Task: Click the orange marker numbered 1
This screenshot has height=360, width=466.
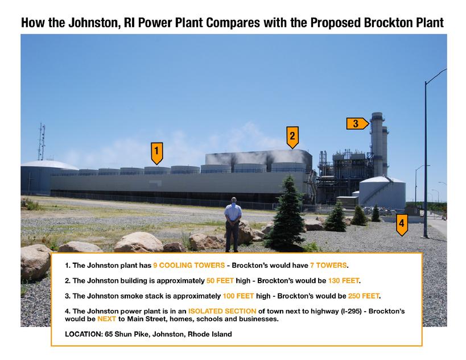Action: [x=156, y=153]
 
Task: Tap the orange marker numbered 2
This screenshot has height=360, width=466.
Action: [x=292, y=137]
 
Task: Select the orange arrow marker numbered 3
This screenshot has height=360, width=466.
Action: [x=357, y=123]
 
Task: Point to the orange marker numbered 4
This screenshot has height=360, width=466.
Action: [x=402, y=225]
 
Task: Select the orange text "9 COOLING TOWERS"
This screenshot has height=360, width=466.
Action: [x=189, y=265]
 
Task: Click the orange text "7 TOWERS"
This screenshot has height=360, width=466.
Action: [x=328, y=265]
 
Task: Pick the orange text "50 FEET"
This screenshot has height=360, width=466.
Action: [x=220, y=281]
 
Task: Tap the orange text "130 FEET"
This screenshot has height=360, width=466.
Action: [x=344, y=281]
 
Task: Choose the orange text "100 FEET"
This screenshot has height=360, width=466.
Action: [x=238, y=296]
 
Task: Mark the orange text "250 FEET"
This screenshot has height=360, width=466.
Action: [x=364, y=296]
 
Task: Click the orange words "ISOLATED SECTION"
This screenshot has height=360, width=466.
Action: [x=222, y=311]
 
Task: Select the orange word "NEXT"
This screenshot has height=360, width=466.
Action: [x=107, y=319]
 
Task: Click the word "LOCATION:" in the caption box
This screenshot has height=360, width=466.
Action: [x=84, y=334]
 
